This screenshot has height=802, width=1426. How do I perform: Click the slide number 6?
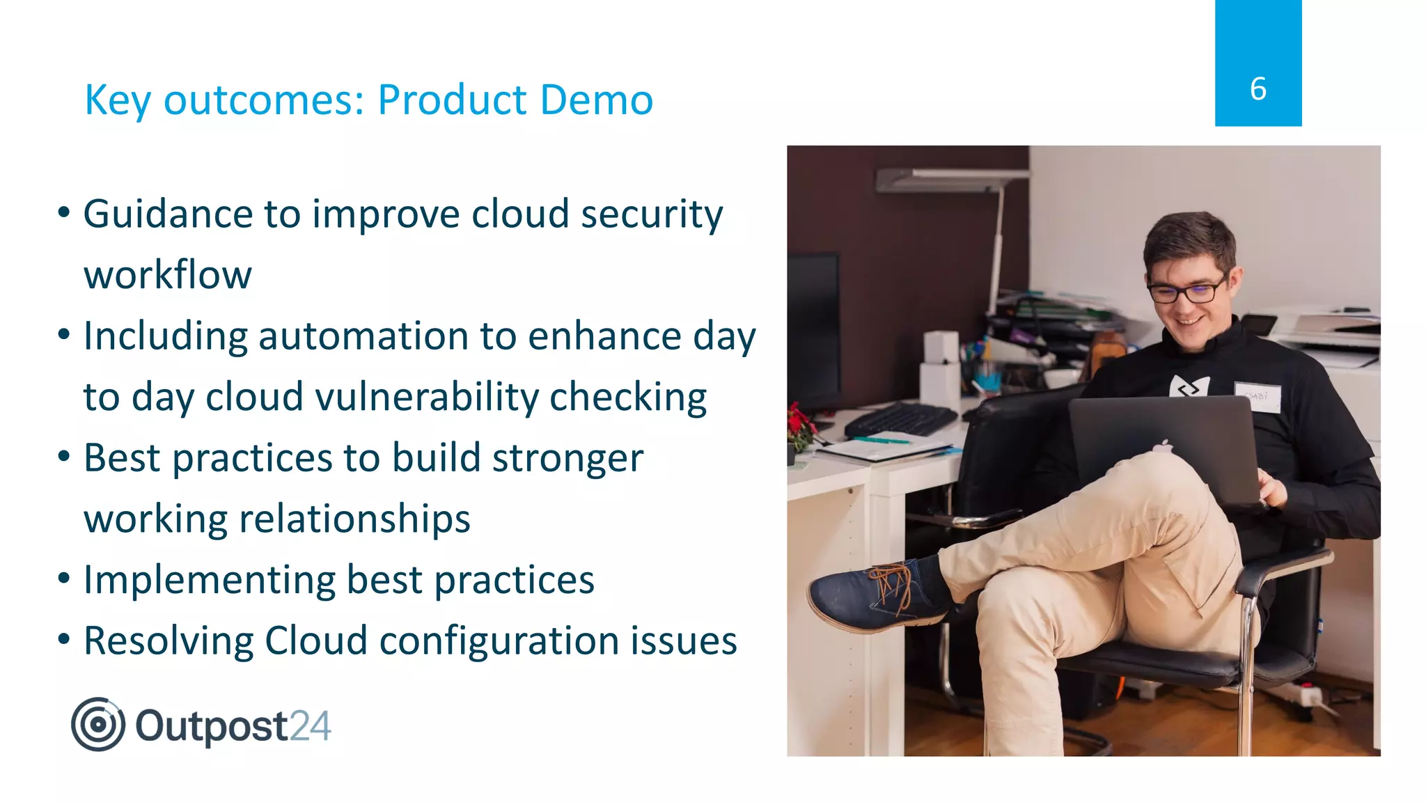(x=1257, y=89)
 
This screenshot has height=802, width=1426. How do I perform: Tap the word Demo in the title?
(x=596, y=100)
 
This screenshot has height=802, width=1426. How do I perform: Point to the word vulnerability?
(x=427, y=398)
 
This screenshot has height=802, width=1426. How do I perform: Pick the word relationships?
(x=354, y=519)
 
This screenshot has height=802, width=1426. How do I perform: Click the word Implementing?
(x=210, y=581)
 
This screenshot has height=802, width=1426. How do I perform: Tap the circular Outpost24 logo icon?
(x=98, y=725)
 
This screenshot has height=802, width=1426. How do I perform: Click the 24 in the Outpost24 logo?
(x=310, y=726)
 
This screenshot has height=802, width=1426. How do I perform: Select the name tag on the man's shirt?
(x=1257, y=397)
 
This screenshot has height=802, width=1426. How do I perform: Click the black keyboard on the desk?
(x=902, y=419)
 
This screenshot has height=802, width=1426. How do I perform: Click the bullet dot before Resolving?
(x=64, y=639)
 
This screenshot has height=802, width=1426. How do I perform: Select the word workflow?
(x=168, y=275)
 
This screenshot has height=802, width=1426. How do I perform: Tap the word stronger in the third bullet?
(x=567, y=459)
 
